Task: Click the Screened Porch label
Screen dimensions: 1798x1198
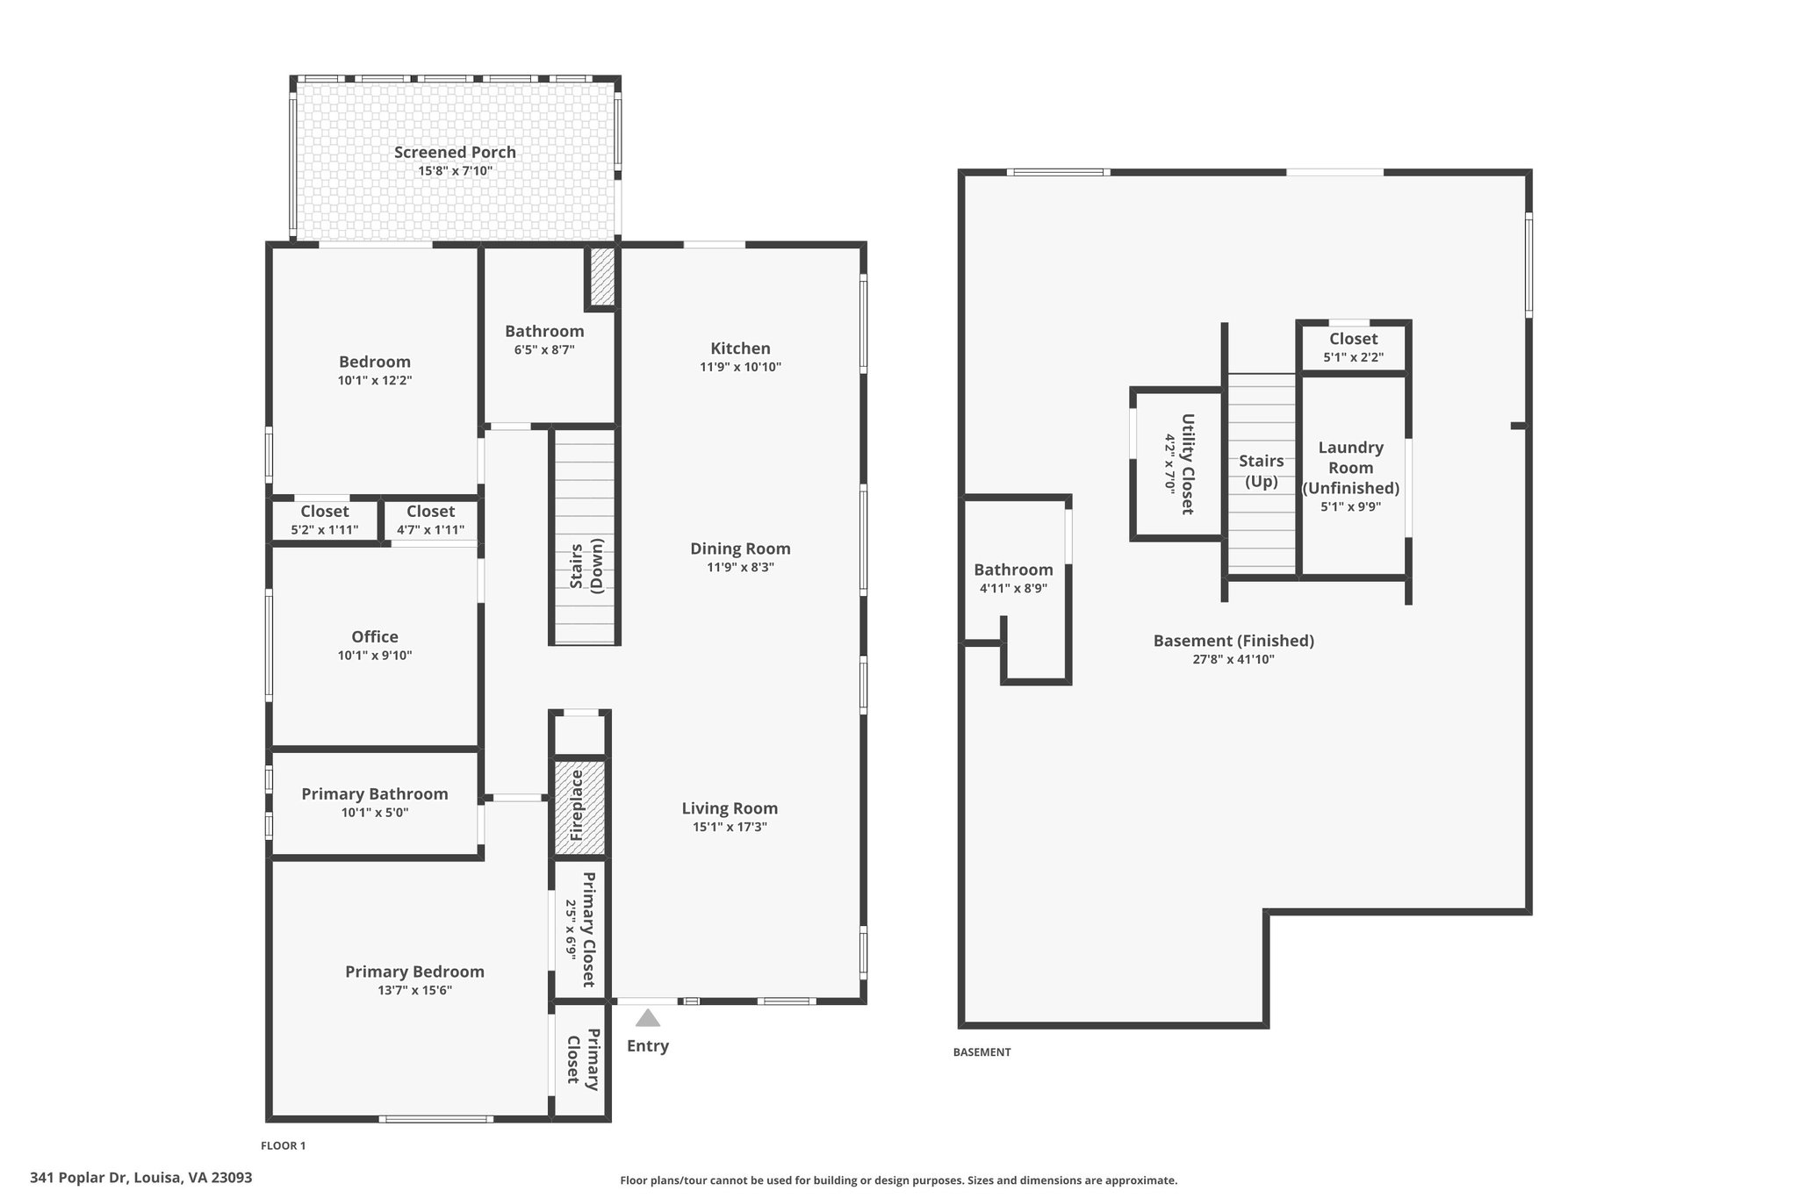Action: click(455, 152)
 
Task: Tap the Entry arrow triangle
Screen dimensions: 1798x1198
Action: click(648, 1018)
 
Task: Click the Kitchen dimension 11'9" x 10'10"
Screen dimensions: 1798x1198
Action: click(740, 367)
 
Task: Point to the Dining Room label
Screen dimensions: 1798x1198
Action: click(740, 549)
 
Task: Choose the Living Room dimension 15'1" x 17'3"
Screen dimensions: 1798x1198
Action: click(730, 827)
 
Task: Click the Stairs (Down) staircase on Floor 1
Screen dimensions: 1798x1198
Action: click(585, 536)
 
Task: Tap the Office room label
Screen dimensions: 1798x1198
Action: click(375, 637)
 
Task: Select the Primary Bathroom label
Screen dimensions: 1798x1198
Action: click(375, 794)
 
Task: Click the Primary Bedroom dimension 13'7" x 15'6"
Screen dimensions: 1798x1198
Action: click(415, 991)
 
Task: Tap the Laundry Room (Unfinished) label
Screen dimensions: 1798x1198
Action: click(1351, 468)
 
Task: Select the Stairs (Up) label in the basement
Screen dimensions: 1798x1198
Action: click(1262, 471)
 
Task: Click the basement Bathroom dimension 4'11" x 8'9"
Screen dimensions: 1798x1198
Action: click(1013, 589)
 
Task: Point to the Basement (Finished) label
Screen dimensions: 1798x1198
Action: click(1233, 641)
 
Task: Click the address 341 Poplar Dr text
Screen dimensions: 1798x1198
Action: click(80, 1178)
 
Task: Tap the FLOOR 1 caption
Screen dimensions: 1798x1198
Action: click(284, 1145)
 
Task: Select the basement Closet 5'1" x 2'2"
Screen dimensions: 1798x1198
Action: click(1354, 348)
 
